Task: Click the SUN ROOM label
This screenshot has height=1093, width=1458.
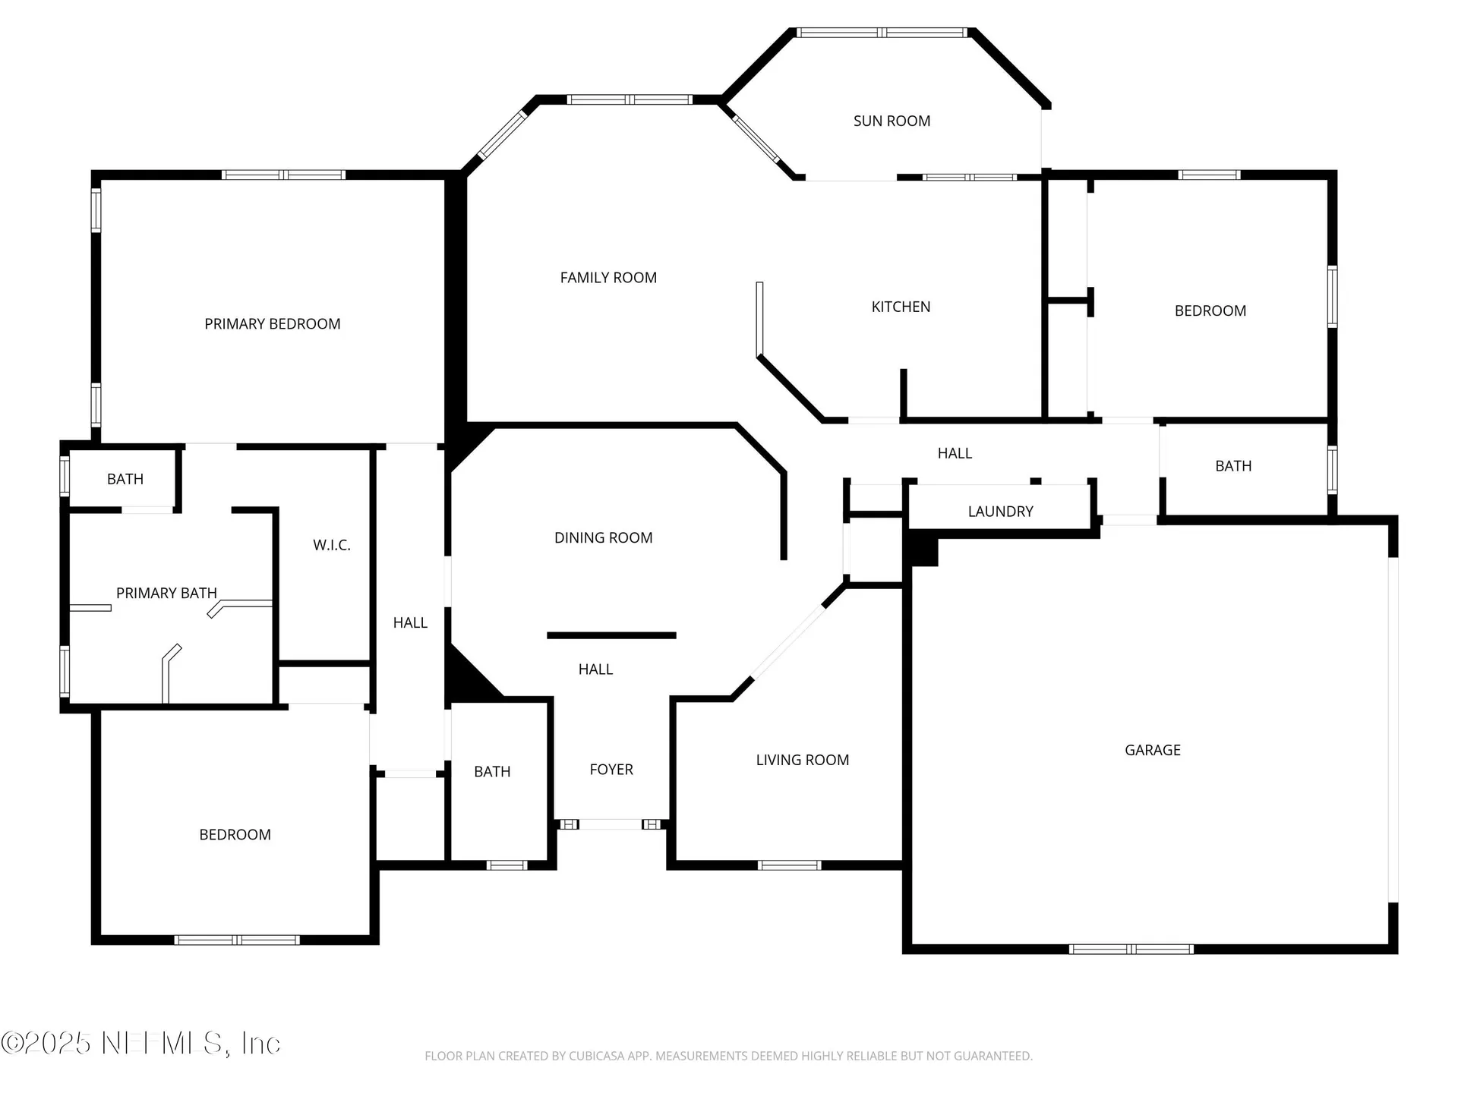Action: click(892, 121)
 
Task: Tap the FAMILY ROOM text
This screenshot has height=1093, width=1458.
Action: click(608, 278)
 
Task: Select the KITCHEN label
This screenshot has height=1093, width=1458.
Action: click(901, 307)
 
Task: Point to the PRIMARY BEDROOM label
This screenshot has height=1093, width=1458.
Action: click(273, 324)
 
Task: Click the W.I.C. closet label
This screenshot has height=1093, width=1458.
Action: click(332, 545)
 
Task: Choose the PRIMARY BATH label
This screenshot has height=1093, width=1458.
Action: click(166, 593)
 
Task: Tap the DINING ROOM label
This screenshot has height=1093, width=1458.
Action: click(604, 538)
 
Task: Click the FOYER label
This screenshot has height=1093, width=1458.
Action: click(611, 770)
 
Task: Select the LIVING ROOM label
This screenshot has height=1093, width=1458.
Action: click(803, 760)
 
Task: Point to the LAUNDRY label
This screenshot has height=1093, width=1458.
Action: click(1000, 512)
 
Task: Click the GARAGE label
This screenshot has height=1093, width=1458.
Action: click(1153, 750)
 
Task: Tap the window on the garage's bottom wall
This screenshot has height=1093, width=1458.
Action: click(1131, 949)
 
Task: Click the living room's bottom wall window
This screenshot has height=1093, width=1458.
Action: click(789, 865)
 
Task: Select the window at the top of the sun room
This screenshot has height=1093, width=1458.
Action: click(881, 33)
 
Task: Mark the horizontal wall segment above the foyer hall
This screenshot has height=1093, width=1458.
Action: click(611, 635)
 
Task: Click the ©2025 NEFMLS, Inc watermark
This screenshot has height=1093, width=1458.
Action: click(141, 1043)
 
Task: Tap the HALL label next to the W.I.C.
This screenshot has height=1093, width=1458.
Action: click(410, 623)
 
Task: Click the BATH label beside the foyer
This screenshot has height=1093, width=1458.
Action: click(492, 772)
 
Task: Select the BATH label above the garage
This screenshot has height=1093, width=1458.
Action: click(1233, 466)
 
